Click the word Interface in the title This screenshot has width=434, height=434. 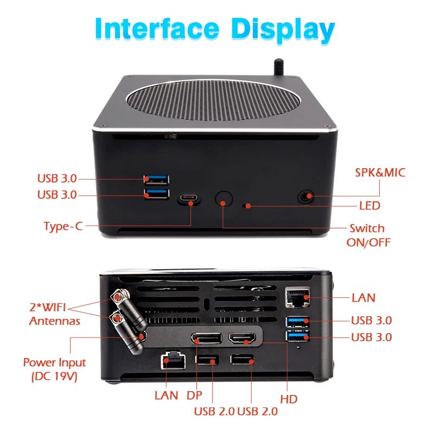[x=157, y=28]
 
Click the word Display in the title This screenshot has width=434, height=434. [x=283, y=30]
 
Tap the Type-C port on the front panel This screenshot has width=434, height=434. [x=189, y=198]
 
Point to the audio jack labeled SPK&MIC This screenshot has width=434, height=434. [x=305, y=197]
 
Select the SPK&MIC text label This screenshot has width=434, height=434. [x=380, y=173]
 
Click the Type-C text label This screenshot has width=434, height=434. [x=63, y=226]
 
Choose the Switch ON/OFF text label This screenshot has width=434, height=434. [x=368, y=235]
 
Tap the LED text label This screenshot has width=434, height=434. [x=369, y=206]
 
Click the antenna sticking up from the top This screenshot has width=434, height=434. [x=279, y=67]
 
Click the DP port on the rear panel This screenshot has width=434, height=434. [x=207, y=338]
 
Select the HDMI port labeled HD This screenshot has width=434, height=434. [x=242, y=338]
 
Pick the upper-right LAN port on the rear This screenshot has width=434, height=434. [x=297, y=297]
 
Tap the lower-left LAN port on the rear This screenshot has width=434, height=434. [x=173, y=360]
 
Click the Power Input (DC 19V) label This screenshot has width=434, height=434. [x=54, y=369]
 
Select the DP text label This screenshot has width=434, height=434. [x=194, y=395]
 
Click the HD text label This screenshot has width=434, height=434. [x=289, y=399]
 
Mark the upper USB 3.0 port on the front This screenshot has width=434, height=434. [x=156, y=180]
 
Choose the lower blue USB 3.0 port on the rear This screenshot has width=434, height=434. [x=297, y=336]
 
